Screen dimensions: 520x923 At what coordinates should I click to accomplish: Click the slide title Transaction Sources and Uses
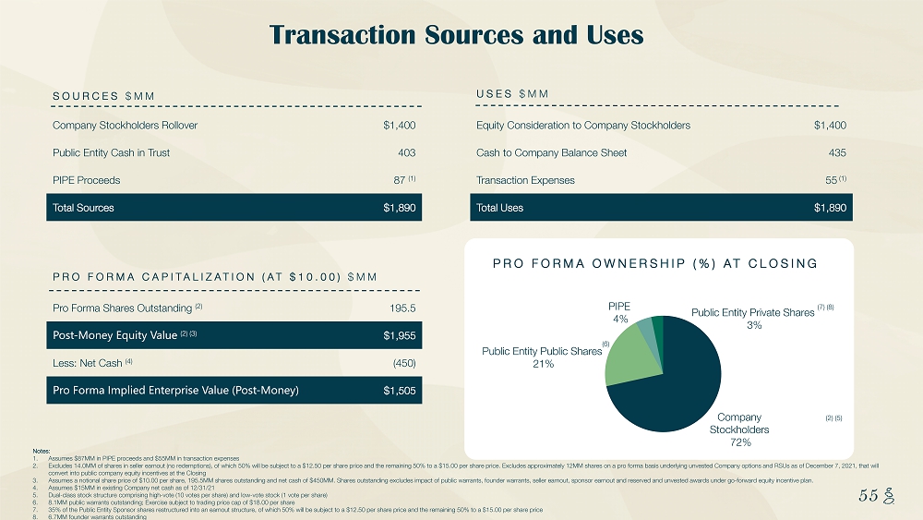[456, 35]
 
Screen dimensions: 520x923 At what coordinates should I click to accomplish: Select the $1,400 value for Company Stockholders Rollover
[400, 126]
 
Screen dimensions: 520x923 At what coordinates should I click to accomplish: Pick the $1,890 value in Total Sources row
[400, 208]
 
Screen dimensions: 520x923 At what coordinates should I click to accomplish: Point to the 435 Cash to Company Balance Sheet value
[836, 152]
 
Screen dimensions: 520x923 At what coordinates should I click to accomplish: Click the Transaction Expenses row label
[525, 180]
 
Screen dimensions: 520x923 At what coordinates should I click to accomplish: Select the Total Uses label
[499, 208]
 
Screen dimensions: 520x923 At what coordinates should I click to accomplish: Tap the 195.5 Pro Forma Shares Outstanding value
[404, 307]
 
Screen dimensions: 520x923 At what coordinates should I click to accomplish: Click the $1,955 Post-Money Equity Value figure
[400, 334]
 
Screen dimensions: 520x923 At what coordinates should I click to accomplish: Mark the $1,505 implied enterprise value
[400, 391]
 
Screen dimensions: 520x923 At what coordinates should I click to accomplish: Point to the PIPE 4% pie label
[619, 310]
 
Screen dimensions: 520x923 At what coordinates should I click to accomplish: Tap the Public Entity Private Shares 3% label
[753, 319]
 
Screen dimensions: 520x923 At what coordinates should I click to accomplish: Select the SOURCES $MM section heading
[103, 97]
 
